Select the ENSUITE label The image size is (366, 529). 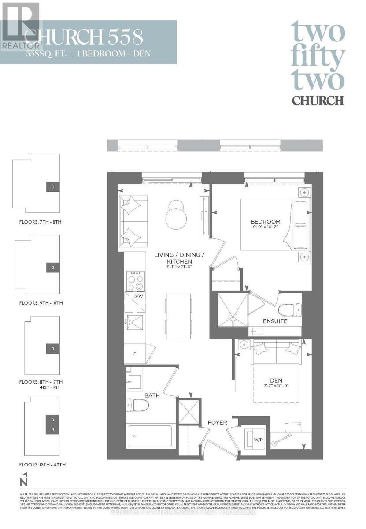275,321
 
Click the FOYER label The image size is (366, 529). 218,422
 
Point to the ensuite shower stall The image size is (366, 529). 233,310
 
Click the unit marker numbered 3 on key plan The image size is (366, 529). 53,268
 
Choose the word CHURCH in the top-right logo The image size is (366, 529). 318,100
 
